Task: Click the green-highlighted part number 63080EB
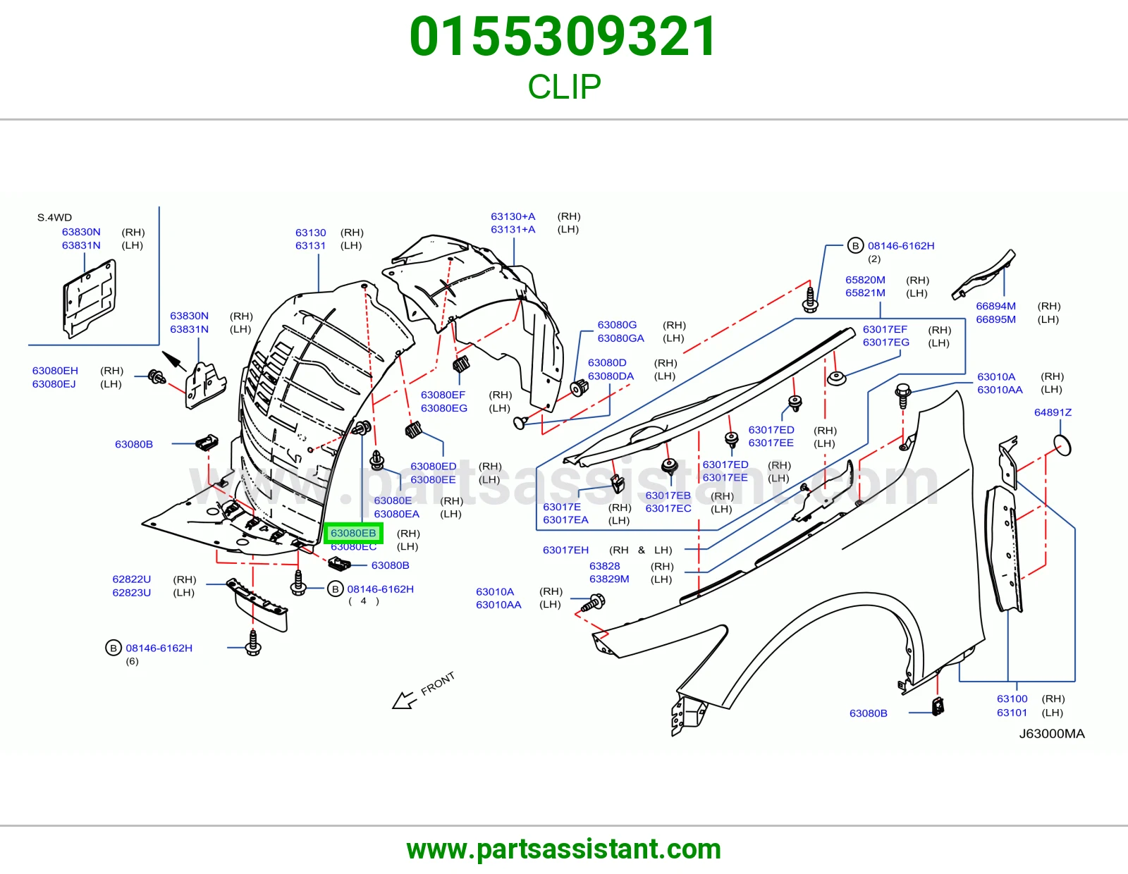click(353, 533)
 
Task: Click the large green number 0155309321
click(563, 37)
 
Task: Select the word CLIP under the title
click(564, 87)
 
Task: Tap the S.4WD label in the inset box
click(54, 218)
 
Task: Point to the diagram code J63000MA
click(1052, 733)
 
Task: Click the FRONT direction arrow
click(405, 700)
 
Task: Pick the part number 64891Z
click(1053, 412)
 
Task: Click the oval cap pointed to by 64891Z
click(1062, 445)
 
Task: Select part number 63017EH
click(565, 550)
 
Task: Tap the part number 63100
click(1012, 698)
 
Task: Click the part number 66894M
click(995, 306)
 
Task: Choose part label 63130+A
click(513, 216)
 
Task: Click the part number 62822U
click(132, 579)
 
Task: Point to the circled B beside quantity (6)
click(114, 648)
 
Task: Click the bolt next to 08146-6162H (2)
click(810, 300)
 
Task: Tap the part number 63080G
click(617, 325)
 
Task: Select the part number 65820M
click(865, 280)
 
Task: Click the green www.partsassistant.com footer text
click(564, 849)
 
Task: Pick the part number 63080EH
click(55, 371)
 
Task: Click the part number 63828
click(604, 566)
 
